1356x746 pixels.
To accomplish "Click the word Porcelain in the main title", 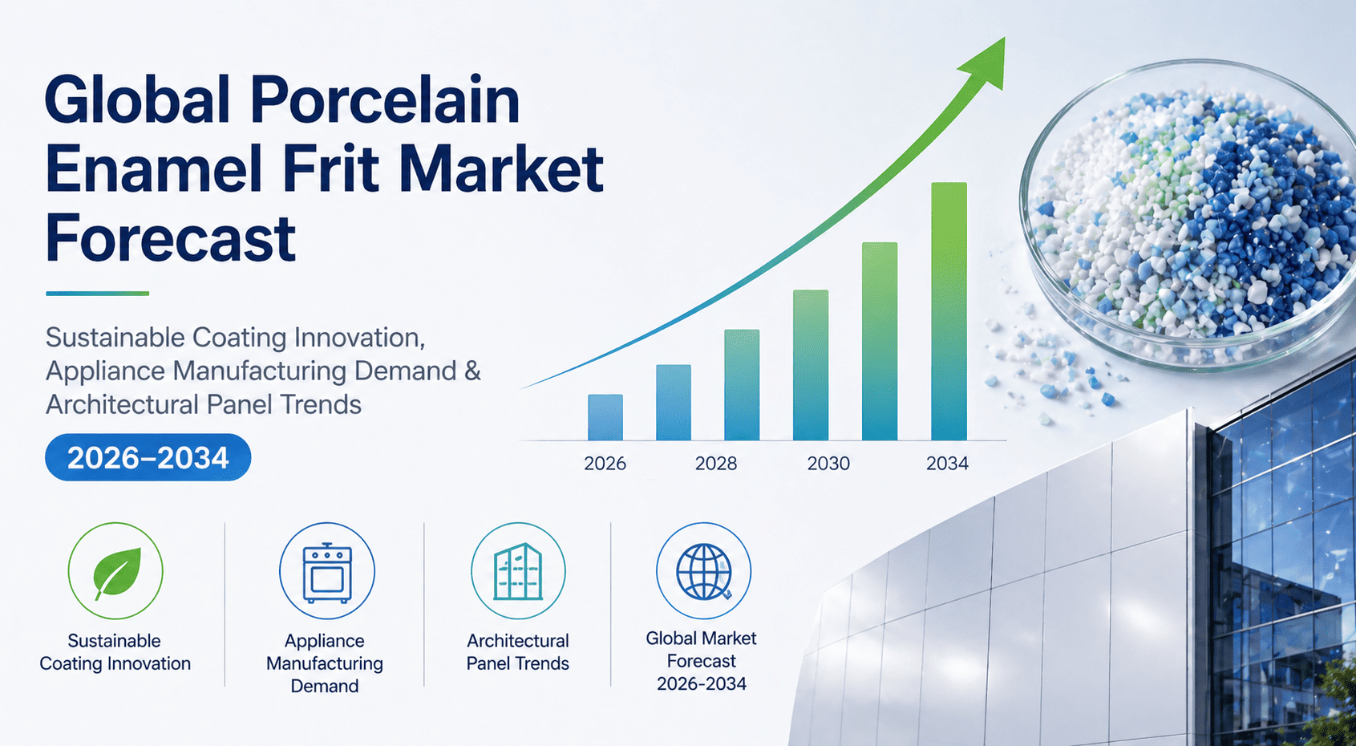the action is click(385, 99).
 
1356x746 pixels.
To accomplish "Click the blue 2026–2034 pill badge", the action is click(148, 457).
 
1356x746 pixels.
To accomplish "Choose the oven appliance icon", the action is click(327, 572).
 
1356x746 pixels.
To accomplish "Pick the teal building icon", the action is click(518, 572).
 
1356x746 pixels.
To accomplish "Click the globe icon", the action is click(704, 572).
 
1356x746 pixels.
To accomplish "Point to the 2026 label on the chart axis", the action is click(605, 463).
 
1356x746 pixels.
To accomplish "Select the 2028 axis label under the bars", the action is click(715, 463).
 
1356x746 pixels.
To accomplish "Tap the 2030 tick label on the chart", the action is click(828, 463).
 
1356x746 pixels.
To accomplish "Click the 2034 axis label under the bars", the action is click(947, 463).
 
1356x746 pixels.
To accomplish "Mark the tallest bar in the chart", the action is click(949, 311).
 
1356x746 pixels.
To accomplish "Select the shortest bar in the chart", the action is click(605, 417).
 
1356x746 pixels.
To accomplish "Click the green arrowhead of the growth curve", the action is click(984, 63).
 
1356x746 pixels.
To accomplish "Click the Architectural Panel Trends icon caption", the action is click(517, 652).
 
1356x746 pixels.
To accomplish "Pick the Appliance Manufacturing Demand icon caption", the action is click(325, 663).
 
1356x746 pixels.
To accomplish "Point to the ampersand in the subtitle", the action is click(473, 371).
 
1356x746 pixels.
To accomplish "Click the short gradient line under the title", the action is click(98, 294).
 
